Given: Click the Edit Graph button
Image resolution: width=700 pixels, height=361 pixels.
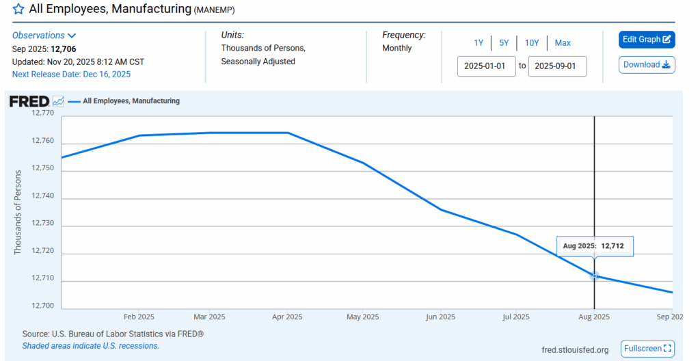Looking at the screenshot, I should pos(647,40).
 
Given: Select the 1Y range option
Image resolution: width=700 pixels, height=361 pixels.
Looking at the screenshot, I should pos(479,43).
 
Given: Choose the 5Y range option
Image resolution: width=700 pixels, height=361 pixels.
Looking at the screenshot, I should pos(504,43).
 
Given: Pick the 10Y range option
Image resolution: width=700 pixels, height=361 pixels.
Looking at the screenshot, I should pos(532,43).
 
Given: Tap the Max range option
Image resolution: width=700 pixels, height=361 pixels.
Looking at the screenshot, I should pos(563,43).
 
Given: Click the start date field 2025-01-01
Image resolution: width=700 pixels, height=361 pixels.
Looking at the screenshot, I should pos(486,66).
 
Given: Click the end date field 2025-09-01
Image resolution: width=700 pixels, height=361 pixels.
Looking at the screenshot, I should pos(557,66).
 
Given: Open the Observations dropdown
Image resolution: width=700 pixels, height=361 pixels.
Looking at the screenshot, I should pos(44,36).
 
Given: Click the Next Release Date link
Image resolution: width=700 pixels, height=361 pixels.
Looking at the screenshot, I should pos(71,74).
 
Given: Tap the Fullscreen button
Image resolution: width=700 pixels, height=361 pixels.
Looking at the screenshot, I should pos(647,349).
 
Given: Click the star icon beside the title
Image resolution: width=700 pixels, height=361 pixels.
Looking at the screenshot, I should pos(18,10).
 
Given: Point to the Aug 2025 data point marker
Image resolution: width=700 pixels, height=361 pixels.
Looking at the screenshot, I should pos(595,276).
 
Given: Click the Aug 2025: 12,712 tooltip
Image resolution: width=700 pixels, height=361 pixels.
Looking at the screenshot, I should pos(595,245).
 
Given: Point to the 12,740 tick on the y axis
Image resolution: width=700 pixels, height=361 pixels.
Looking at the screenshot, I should pos(42,199).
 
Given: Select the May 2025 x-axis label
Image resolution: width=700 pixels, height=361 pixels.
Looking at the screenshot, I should pos(362,317).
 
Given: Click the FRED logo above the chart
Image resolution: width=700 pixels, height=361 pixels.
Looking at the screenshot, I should pos(29,101).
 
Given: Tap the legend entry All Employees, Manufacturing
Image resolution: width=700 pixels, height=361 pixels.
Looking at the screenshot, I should pos(131,101).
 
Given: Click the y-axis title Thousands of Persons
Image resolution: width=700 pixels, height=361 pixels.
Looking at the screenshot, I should pos(18,212).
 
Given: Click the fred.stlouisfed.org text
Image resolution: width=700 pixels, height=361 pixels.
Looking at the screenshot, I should pos(574,350).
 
